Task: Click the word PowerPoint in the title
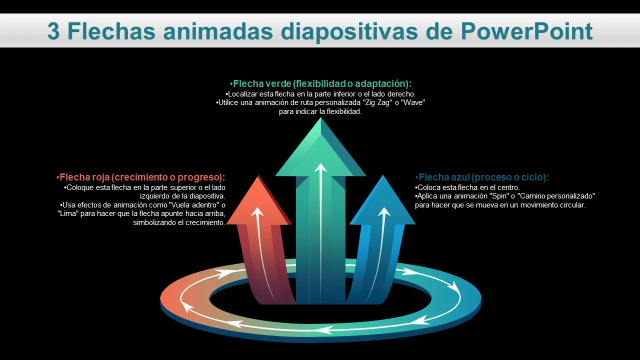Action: tap(526, 31)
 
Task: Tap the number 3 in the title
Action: tap(53, 31)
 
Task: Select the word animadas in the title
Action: tap(218, 31)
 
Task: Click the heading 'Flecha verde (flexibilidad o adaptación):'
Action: tap(320, 83)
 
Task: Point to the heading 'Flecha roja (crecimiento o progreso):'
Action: tap(140, 177)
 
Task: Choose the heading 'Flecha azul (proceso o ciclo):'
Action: tap(482, 177)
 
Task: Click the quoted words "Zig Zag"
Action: tap(379, 102)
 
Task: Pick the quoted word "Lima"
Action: tap(67, 213)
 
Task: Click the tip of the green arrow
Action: tap(320, 117)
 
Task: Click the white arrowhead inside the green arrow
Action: tap(320, 168)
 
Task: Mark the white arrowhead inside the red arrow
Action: tap(257, 211)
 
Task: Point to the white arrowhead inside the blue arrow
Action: tap(384, 211)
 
